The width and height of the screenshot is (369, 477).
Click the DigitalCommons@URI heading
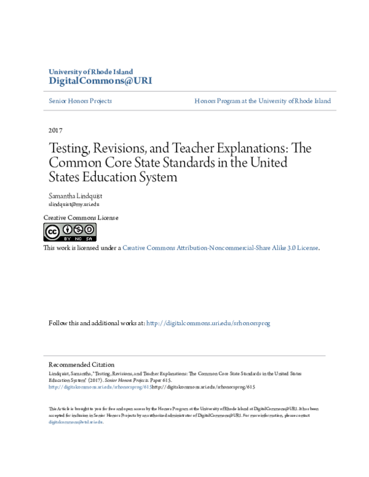(100, 81)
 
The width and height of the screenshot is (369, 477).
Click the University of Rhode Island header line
(90, 72)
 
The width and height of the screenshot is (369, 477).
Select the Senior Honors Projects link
(80, 101)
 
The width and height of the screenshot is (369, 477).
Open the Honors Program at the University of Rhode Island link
(263, 101)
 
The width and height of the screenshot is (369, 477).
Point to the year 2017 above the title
(55, 130)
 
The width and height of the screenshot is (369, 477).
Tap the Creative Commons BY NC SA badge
(69, 232)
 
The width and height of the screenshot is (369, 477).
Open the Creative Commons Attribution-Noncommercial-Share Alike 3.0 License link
(220, 248)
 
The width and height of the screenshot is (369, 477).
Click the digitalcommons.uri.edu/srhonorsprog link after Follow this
(208, 323)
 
